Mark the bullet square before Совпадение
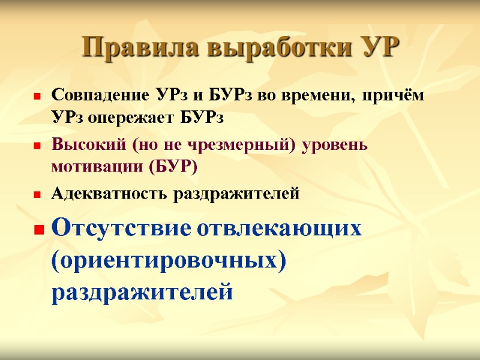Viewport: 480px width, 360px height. point(37,97)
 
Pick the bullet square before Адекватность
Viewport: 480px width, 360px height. point(37,195)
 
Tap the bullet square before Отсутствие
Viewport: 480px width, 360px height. point(38,230)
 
